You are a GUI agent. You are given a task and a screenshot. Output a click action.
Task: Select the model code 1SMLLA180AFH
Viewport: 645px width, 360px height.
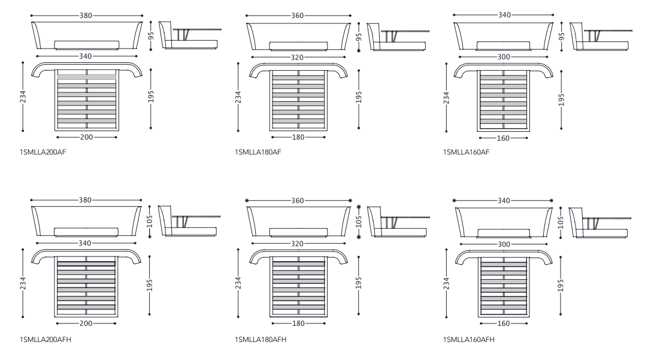click(x=261, y=340)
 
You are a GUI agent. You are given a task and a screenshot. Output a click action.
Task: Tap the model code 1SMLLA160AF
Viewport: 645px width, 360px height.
click(x=466, y=152)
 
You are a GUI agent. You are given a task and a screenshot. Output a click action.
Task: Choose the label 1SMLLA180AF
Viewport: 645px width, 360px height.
click(x=258, y=152)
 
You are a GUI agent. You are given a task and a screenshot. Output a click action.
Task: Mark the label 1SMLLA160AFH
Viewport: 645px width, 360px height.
click(x=468, y=340)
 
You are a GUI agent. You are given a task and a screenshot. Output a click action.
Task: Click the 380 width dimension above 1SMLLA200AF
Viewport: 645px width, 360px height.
click(x=86, y=16)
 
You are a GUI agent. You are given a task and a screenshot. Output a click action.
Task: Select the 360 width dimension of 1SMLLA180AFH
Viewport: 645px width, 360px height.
click(x=297, y=201)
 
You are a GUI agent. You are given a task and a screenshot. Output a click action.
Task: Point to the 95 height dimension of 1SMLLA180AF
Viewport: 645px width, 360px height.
click(x=359, y=36)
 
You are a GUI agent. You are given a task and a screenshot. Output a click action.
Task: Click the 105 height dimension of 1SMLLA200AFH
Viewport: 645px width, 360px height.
click(x=150, y=222)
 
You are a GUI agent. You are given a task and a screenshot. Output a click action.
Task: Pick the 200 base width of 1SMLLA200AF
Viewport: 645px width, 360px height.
click(x=86, y=137)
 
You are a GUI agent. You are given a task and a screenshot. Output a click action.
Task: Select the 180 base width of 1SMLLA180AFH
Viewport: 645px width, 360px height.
click(x=298, y=323)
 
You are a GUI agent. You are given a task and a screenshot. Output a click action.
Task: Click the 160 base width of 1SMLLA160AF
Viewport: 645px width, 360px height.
click(x=503, y=138)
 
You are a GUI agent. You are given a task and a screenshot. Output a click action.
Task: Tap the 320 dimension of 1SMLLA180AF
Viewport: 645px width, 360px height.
click(x=297, y=58)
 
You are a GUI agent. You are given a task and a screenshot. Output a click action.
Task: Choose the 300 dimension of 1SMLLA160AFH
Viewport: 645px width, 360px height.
click(x=504, y=244)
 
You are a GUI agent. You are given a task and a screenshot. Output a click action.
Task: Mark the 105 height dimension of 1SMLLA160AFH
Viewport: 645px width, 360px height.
click(x=561, y=222)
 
